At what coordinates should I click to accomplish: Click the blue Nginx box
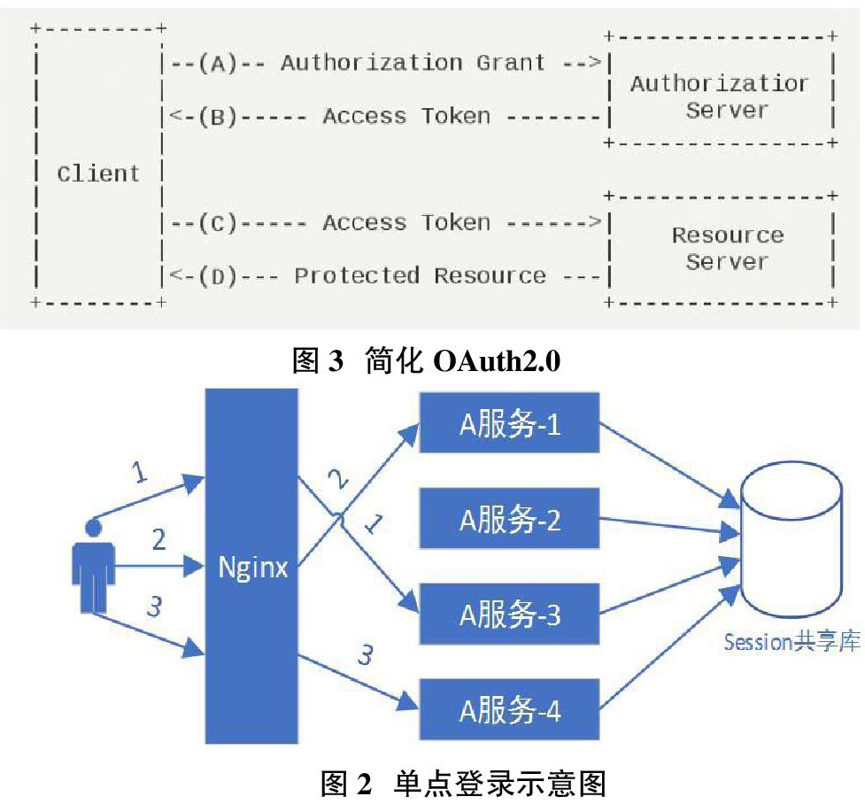pyautogui.click(x=251, y=566)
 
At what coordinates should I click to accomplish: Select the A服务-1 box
pyautogui.click(x=509, y=422)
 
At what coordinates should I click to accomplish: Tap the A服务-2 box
pyautogui.click(x=509, y=518)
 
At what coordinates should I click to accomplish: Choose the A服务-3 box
pyautogui.click(x=509, y=614)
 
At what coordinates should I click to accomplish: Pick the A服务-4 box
pyautogui.click(x=509, y=709)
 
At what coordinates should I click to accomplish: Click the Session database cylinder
pyautogui.click(x=792, y=540)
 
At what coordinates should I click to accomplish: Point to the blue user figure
pyautogui.click(x=93, y=566)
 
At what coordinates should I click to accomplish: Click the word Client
pyautogui.click(x=98, y=174)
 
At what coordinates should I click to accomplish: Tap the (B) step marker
pyautogui.click(x=218, y=116)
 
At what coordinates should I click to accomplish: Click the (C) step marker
pyautogui.click(x=218, y=223)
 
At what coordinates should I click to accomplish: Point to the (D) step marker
pyautogui.click(x=218, y=275)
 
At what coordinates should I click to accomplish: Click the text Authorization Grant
pyautogui.click(x=413, y=62)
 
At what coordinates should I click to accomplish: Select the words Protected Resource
pyautogui.click(x=421, y=275)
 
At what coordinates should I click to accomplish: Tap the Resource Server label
pyautogui.click(x=728, y=248)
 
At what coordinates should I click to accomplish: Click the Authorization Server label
pyautogui.click(x=720, y=97)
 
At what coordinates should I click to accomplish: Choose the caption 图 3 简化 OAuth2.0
pyautogui.click(x=426, y=360)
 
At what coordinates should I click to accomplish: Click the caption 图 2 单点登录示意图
pyautogui.click(x=463, y=784)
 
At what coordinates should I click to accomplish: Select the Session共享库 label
pyautogui.click(x=792, y=642)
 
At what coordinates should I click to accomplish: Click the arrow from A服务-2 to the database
pyautogui.click(x=669, y=526)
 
